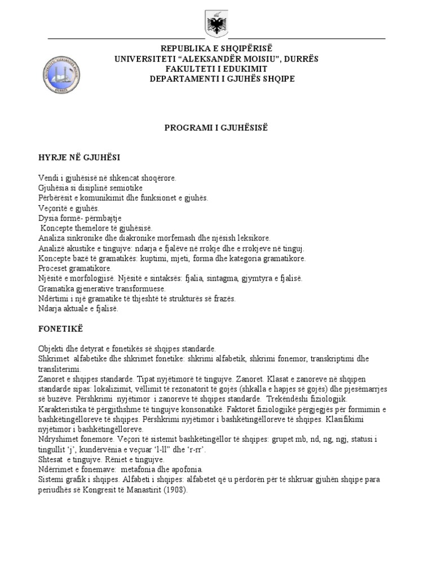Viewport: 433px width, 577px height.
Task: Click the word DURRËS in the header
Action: tap(303, 57)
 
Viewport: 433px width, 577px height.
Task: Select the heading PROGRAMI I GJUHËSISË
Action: tap(216, 128)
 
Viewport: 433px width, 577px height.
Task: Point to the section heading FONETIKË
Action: tap(61, 327)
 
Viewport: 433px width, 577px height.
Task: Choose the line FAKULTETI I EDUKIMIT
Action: tap(216, 68)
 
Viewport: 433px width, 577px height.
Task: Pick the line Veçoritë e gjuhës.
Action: tap(69, 208)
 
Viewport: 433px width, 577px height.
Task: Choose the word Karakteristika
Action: tap(65, 408)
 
